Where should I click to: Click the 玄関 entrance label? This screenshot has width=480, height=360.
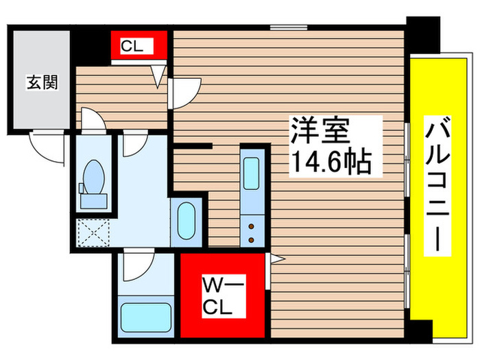pyautogui.click(x=42, y=83)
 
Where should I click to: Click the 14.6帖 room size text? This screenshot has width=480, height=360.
pyautogui.click(x=331, y=163)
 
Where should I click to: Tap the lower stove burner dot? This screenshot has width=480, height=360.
pyautogui.click(x=252, y=239)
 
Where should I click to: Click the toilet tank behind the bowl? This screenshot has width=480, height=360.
pyautogui.click(x=92, y=200)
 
